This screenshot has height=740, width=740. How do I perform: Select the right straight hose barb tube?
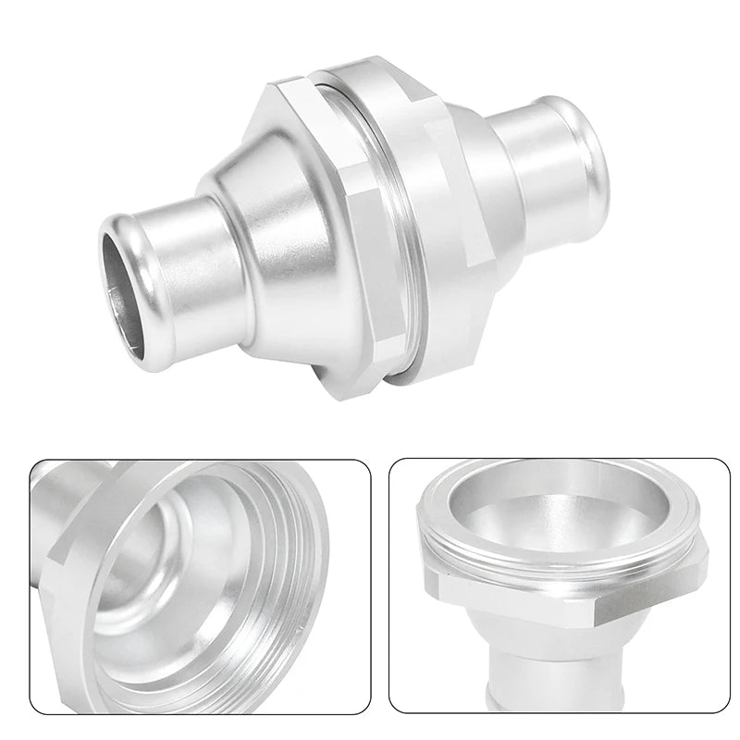(x=536, y=157)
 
